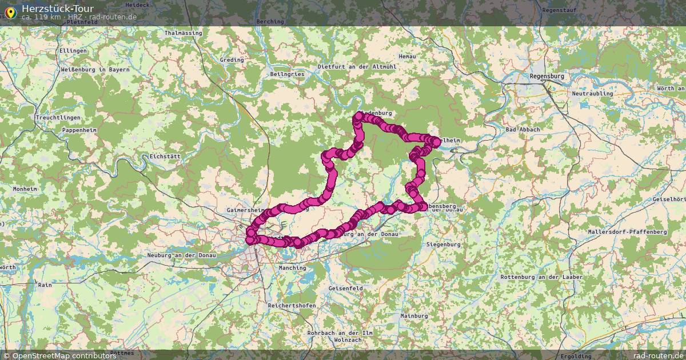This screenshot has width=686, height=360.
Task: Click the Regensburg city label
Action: tap(547, 76)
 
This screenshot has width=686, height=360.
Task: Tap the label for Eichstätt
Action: tap(164, 156)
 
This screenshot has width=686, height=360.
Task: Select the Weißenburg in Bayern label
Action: tap(95, 70)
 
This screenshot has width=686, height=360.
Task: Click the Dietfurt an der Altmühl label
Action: tap(357, 67)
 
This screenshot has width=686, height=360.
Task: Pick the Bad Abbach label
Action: tap(522, 130)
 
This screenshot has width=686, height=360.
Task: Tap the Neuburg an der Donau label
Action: tap(181, 255)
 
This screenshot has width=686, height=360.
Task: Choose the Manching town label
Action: tap(292, 267)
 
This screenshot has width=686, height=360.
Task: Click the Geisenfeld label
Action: tap(345, 289)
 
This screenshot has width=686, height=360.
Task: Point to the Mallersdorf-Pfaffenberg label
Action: tap(627, 232)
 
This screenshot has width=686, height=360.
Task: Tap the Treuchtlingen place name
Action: tap(58, 117)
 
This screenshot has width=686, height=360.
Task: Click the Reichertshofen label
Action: tap(292, 306)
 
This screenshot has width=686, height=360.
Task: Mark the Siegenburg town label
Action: tap(443, 245)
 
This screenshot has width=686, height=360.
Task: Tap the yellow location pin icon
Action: tap(10, 10)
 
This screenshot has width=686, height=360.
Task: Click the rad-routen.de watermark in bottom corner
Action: tap(658, 355)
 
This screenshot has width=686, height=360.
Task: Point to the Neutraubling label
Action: tap(592, 93)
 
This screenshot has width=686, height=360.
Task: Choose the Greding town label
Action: tap(232, 60)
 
